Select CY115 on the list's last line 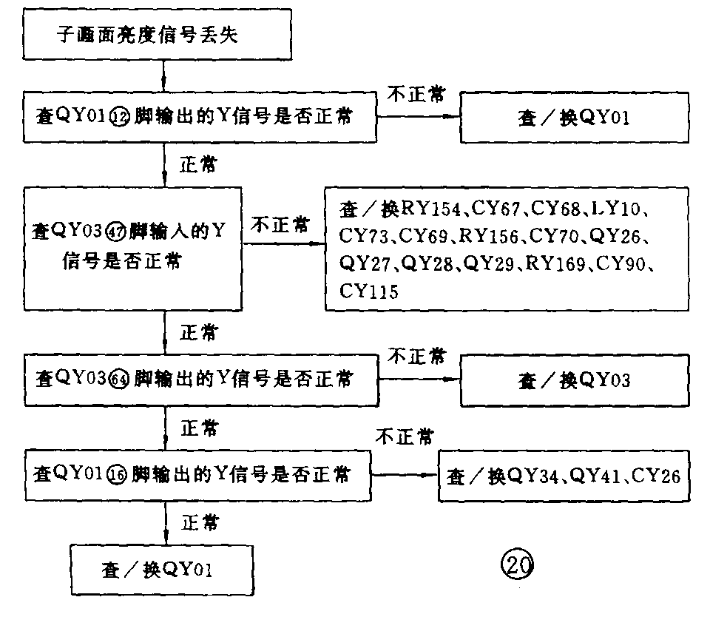[x=369, y=291]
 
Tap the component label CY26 [x=656, y=475]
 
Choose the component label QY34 [x=532, y=475]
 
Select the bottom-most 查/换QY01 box [x=160, y=570]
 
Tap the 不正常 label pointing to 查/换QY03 [x=417, y=357]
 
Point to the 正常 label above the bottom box [x=200, y=523]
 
